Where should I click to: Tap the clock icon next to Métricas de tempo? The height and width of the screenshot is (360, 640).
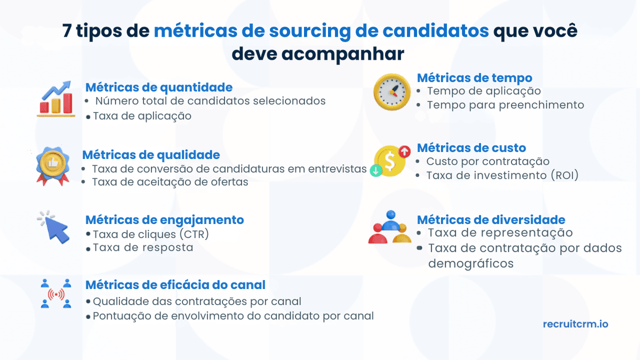pyautogui.click(x=391, y=92)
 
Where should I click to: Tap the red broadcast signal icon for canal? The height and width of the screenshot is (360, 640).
pyautogui.click(x=57, y=294)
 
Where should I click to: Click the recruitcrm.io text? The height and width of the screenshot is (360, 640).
pyautogui.click(x=575, y=324)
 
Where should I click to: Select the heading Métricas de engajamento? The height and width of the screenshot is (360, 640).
pyautogui.click(x=164, y=220)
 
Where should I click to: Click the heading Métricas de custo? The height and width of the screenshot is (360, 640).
pyautogui.click(x=471, y=148)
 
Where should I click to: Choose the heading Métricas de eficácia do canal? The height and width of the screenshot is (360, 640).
pyautogui.click(x=175, y=285)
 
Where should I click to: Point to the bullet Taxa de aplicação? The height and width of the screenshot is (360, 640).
pyautogui.click(x=142, y=116)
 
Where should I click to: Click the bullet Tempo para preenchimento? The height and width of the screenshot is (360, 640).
pyautogui.click(x=505, y=105)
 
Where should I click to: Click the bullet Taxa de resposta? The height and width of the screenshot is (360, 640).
pyautogui.click(x=143, y=247)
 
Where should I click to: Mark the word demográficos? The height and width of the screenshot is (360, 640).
pyautogui.click(x=470, y=263)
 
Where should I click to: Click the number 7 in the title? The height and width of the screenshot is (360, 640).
pyautogui.click(x=67, y=31)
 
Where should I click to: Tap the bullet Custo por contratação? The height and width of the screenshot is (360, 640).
pyautogui.click(x=487, y=161)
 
